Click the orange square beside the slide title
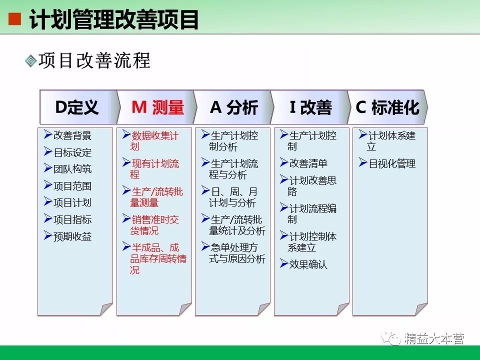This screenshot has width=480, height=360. [15, 19]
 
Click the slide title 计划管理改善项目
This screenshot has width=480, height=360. [114, 19]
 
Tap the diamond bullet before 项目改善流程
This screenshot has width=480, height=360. [31, 60]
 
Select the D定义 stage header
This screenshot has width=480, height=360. [77, 107]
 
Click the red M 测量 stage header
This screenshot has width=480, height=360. [157, 107]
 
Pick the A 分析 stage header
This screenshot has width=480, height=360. [234, 107]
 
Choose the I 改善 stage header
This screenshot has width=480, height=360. [310, 107]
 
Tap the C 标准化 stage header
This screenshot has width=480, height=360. [387, 107]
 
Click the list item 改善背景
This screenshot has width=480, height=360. [72, 135]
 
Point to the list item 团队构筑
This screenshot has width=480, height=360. [72, 169]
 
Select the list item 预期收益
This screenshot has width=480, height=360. [72, 236]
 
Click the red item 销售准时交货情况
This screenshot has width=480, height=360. [154, 225]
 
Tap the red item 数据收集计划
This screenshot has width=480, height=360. [154, 141]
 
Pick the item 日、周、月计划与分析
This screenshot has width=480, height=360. [233, 197]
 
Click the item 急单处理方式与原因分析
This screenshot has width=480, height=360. [237, 253]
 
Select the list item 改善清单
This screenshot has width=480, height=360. [308, 163]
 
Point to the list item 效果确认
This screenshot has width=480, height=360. [308, 264]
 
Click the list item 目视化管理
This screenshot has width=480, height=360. [392, 163]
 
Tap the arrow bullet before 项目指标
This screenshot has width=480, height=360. [48, 218]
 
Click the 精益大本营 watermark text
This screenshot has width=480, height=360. [434, 338]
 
